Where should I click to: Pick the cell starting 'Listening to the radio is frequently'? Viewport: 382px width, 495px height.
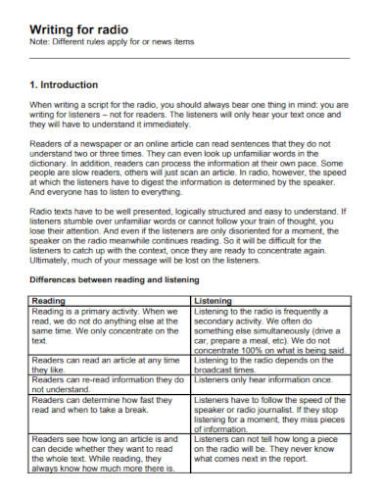(269, 330)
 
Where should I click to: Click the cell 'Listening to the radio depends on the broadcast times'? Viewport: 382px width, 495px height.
(269, 366)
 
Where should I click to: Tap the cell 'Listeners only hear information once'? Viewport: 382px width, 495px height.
(269, 380)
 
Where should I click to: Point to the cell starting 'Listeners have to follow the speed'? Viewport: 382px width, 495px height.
(269, 414)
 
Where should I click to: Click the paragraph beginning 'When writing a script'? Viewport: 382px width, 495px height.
(190, 114)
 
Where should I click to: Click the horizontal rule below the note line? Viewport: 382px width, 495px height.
(190, 57)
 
